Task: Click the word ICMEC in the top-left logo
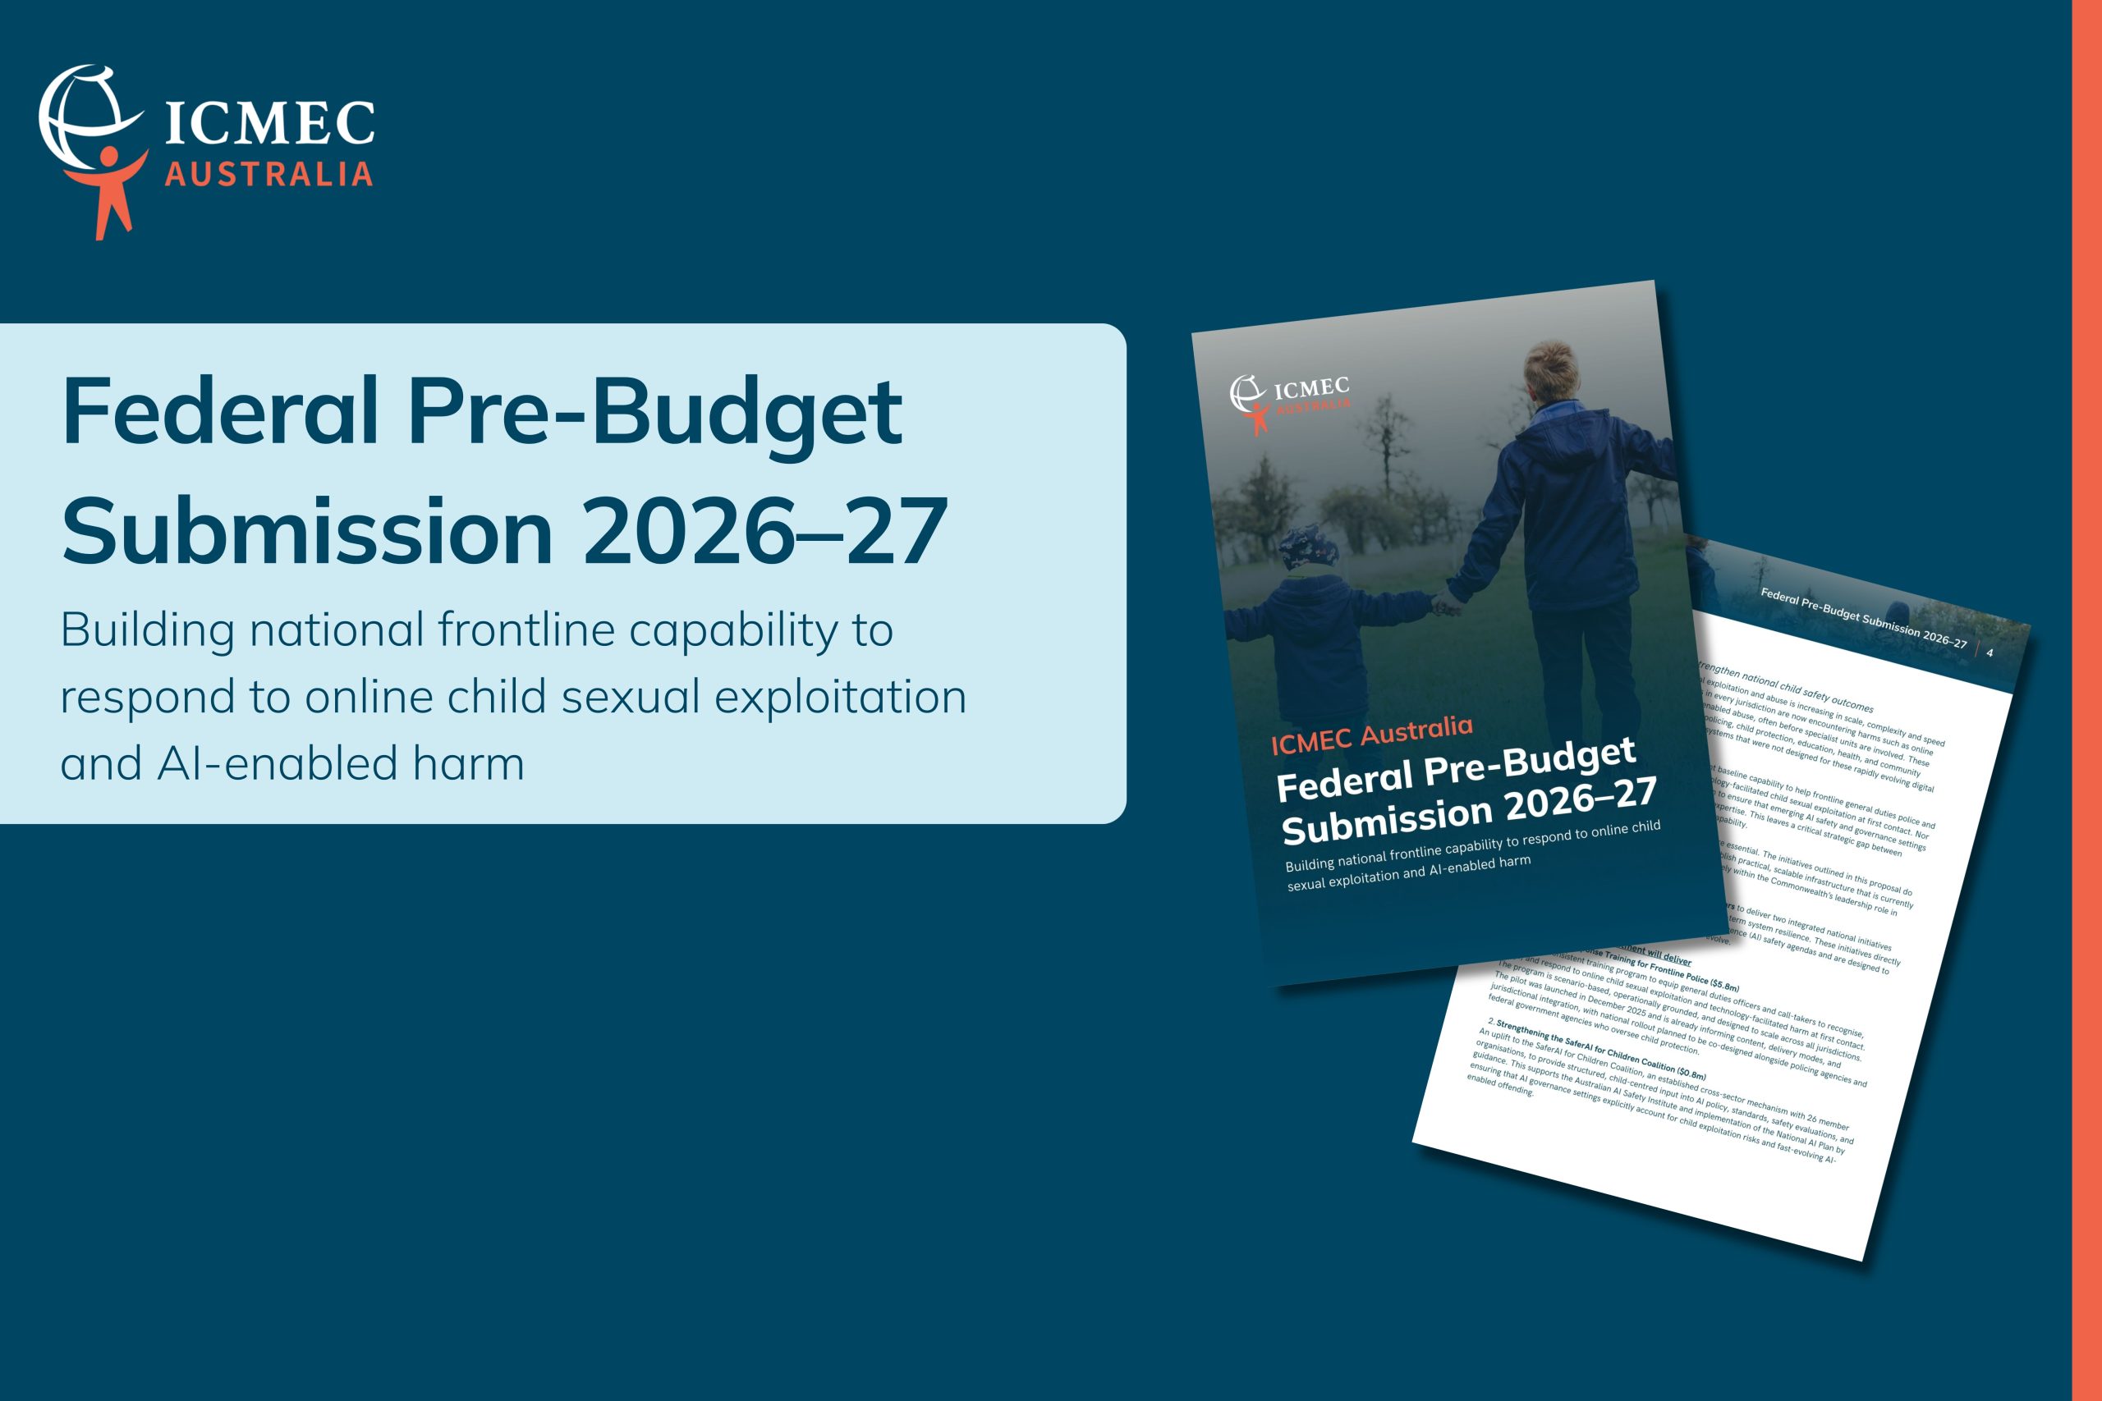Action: pos(270,122)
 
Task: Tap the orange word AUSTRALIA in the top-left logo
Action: pos(268,174)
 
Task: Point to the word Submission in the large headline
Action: pos(307,533)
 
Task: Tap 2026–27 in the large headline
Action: pos(765,533)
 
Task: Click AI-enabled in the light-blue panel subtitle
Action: pos(277,764)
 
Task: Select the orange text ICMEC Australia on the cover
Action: pos(1371,734)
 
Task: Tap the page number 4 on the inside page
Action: pos(1990,653)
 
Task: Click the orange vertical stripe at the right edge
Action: pos(2086,701)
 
